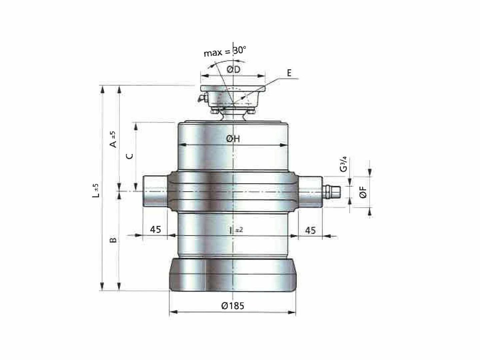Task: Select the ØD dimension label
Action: point(233,70)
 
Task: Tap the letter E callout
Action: point(289,73)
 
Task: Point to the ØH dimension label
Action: point(233,139)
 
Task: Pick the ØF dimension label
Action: point(363,192)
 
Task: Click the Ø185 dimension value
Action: point(233,305)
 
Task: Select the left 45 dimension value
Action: point(155,229)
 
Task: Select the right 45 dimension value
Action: point(310,230)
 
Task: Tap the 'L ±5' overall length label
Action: point(96,190)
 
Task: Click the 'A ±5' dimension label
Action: point(113,139)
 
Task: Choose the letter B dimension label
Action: point(113,240)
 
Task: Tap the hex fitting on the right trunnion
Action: point(331,191)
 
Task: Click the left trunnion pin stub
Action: point(155,191)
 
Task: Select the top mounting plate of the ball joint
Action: point(233,89)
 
